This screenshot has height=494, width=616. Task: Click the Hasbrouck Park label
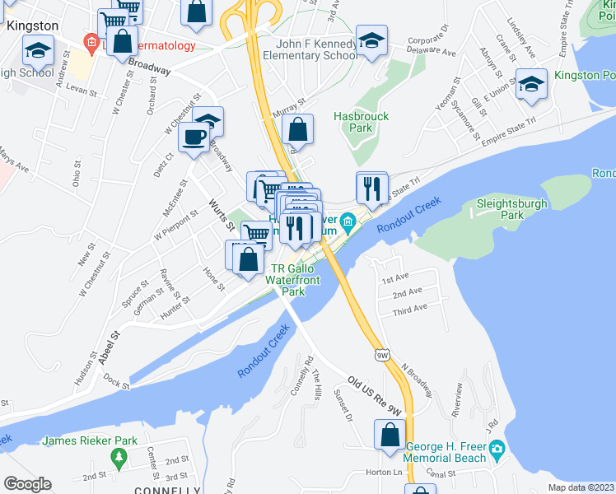click(x=361, y=122)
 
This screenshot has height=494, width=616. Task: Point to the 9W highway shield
click(x=381, y=355)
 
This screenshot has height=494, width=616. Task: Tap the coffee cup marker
click(x=194, y=137)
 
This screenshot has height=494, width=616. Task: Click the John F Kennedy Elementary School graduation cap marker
click(x=372, y=40)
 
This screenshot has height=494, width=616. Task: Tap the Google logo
click(x=27, y=484)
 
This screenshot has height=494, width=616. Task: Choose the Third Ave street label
click(x=409, y=309)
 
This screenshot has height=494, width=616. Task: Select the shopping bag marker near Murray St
click(x=296, y=130)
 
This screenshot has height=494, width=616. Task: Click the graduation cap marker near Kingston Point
click(x=531, y=84)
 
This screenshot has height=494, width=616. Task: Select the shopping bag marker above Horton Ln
click(x=390, y=435)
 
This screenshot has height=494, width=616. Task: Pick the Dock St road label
click(x=117, y=383)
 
